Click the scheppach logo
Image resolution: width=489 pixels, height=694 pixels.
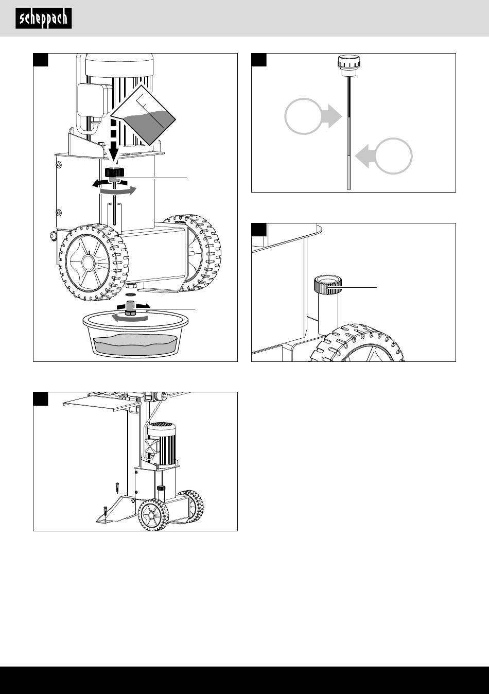point(43,19)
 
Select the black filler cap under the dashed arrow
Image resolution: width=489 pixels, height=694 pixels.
point(113,172)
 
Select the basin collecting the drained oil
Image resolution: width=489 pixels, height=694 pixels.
point(135,337)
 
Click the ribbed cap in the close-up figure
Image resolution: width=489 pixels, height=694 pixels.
point(328,285)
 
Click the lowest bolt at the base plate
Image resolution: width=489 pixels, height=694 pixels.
point(104,512)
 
